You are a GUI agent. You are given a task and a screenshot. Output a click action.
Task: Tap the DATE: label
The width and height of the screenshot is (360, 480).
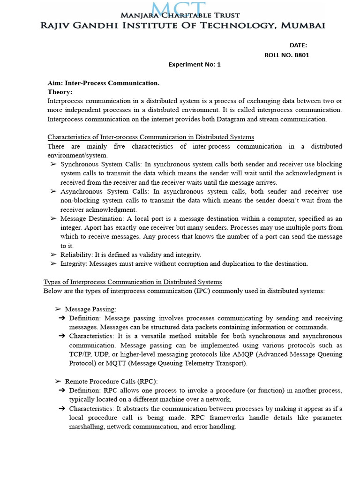[x=298, y=45]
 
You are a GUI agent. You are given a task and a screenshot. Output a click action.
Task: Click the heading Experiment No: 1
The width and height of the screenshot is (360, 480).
[x=194, y=65]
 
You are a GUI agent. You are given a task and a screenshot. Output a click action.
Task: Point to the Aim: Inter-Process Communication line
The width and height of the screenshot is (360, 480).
[x=104, y=83]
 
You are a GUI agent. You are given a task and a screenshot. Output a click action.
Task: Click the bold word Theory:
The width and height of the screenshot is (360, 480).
[x=60, y=92]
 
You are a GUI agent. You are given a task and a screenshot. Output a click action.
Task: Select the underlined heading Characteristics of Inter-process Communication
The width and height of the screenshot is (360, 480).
[x=150, y=137]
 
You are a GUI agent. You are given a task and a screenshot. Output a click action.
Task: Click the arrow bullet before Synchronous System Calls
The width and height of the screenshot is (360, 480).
[x=53, y=165]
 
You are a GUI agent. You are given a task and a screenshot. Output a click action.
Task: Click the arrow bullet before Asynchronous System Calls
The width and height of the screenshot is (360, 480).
[x=53, y=192]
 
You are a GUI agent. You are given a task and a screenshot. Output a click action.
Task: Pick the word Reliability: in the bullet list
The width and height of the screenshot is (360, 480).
[x=77, y=255]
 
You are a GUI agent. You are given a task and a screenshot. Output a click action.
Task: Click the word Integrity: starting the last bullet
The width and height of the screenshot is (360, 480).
[x=74, y=264]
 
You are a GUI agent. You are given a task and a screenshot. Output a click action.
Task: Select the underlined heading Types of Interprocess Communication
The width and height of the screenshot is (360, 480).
[x=133, y=282]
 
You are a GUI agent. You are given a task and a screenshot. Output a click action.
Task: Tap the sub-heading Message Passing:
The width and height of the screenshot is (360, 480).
[x=90, y=309]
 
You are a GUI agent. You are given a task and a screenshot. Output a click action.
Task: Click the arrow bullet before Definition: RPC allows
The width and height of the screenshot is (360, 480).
[x=61, y=390]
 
